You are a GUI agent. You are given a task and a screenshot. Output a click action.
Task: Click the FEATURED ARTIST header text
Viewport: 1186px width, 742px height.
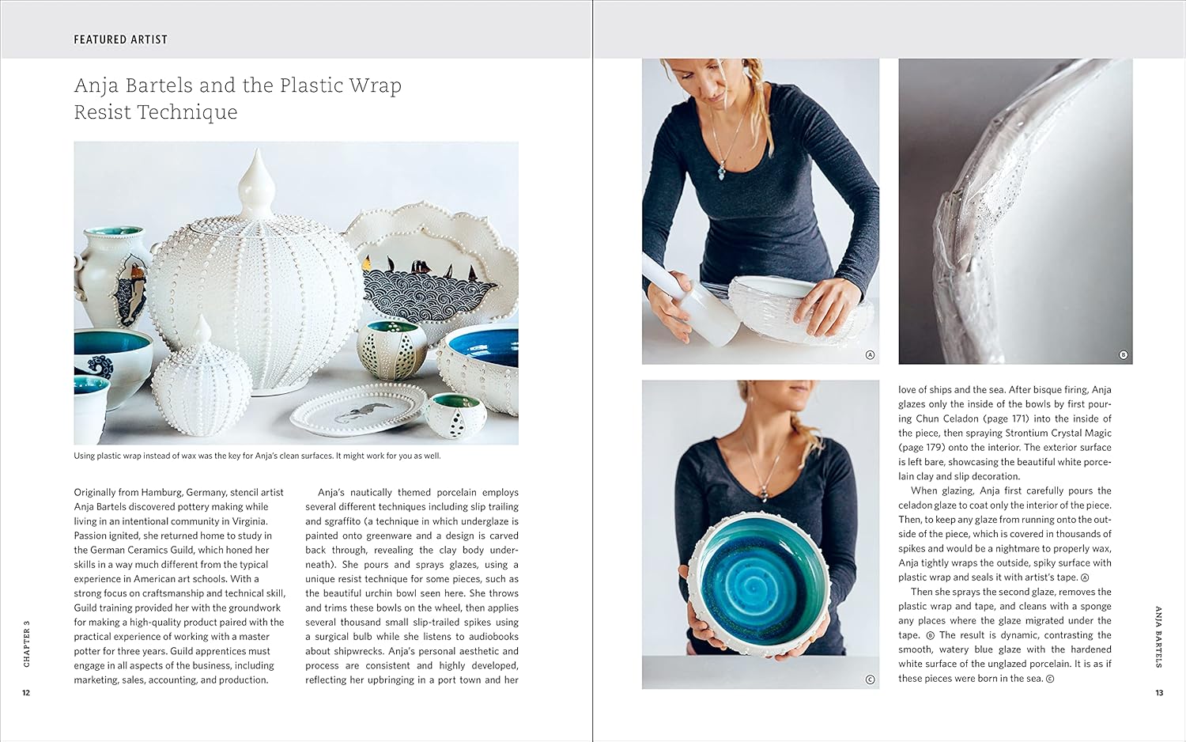pyautogui.click(x=121, y=40)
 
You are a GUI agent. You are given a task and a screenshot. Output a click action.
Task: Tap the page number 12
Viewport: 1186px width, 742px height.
pyautogui.click(x=26, y=693)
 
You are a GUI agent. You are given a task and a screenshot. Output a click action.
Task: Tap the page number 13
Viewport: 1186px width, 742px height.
pyautogui.click(x=1159, y=693)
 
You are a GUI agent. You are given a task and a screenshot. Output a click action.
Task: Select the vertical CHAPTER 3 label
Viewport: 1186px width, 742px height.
pyautogui.click(x=27, y=643)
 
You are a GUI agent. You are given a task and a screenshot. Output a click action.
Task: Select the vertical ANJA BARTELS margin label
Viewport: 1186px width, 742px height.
pyautogui.click(x=1158, y=637)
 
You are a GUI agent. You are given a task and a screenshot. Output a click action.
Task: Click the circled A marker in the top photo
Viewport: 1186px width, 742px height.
pyautogui.click(x=870, y=355)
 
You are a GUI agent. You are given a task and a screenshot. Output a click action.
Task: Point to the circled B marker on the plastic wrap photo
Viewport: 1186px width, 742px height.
pyautogui.click(x=1123, y=355)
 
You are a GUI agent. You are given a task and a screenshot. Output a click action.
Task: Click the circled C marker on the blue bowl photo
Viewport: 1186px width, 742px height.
pyautogui.click(x=870, y=680)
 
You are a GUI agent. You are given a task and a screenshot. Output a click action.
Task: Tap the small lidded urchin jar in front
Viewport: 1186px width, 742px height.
pyautogui.click(x=201, y=379)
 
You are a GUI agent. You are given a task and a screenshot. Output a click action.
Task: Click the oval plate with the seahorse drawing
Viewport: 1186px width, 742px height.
pyautogui.click(x=359, y=411)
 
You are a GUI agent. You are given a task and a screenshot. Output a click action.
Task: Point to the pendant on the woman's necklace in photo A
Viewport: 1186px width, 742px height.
pyautogui.click(x=721, y=172)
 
